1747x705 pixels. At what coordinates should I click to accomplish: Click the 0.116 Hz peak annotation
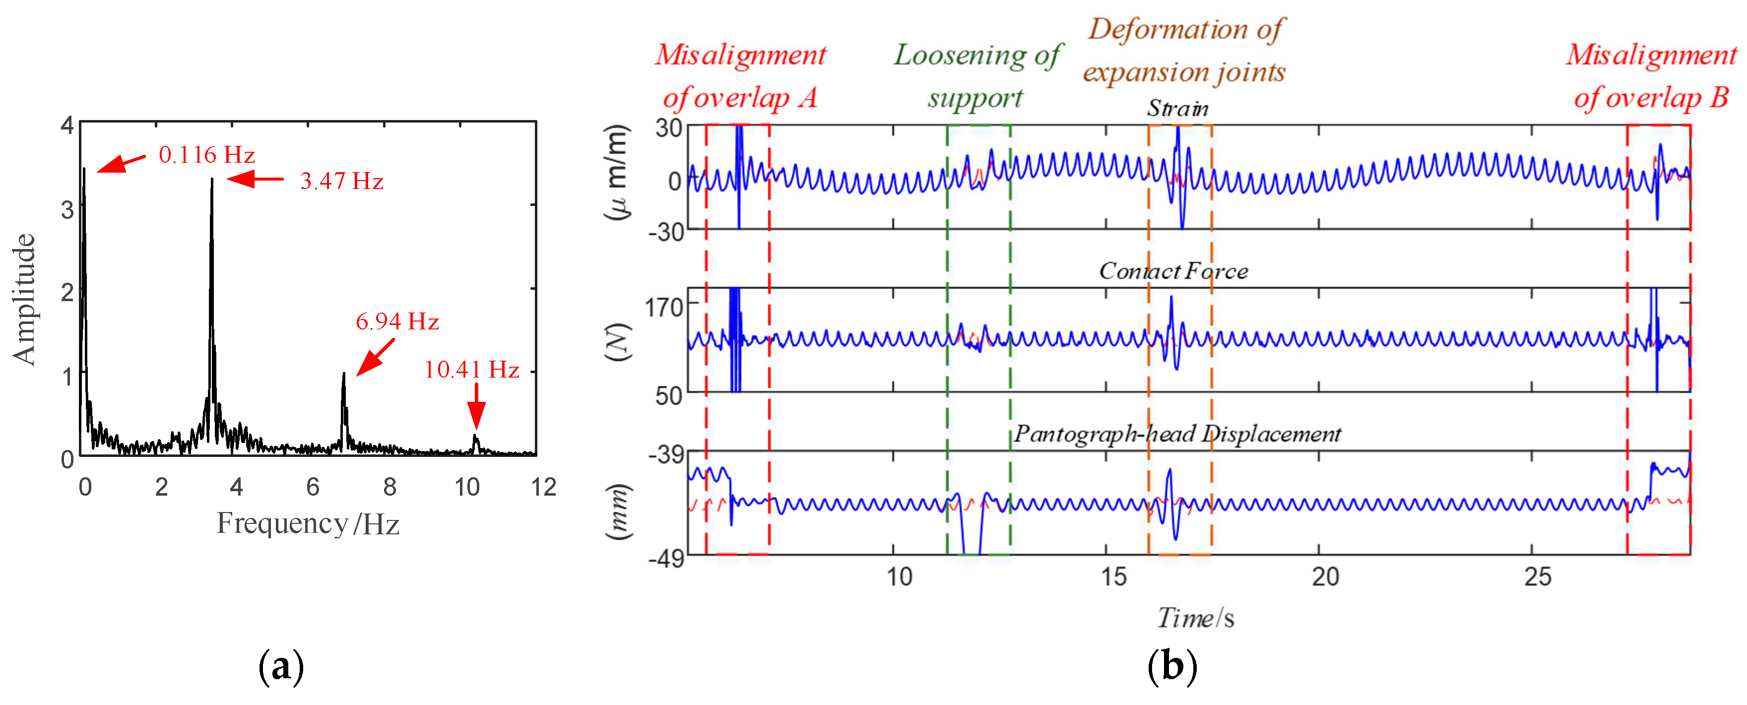[x=206, y=155]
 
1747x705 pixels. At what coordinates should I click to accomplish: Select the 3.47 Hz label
[x=342, y=181]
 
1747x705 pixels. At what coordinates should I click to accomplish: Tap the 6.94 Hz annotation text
[x=397, y=321]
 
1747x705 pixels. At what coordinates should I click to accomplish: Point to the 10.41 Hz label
[x=472, y=370]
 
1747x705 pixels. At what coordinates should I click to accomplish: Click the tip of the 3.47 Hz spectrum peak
[x=211, y=180]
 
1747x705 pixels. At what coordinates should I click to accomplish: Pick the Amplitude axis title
[x=24, y=299]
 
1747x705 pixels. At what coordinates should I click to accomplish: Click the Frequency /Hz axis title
[x=308, y=524]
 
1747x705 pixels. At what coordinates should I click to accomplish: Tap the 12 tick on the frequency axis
[x=543, y=487]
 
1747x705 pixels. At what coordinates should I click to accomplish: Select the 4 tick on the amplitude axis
[x=67, y=125]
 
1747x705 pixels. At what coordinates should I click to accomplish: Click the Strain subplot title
[x=1177, y=109]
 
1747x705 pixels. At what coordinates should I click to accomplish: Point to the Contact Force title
[x=1173, y=271]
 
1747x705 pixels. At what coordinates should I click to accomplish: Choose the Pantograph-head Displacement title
[x=1177, y=434]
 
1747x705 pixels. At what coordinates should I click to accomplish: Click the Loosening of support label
[x=976, y=76]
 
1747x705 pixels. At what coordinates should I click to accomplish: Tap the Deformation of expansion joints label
[x=1184, y=51]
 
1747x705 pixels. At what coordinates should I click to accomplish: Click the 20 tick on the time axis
[x=1325, y=577]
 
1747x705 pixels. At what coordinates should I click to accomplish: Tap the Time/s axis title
[x=1195, y=618]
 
